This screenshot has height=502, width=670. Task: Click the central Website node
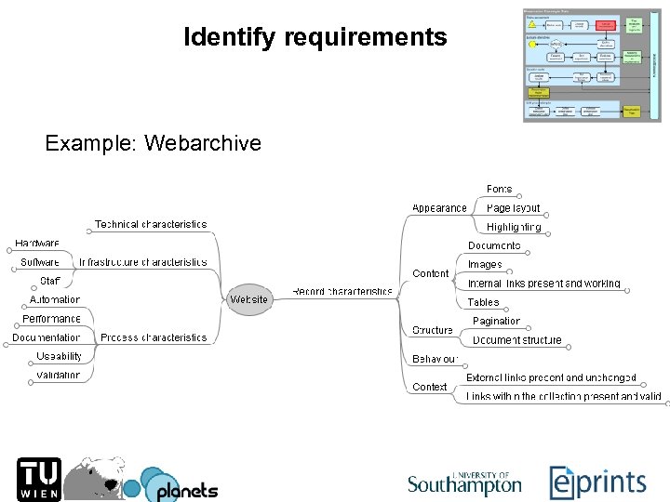[248, 299]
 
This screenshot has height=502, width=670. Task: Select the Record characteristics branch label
[342, 292]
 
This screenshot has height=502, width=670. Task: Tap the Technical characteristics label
[151, 225]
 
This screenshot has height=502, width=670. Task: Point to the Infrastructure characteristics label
[143, 263]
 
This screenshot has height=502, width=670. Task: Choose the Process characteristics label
[154, 337]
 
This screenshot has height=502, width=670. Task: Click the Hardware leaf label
[37, 244]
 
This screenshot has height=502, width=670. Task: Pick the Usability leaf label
[60, 356]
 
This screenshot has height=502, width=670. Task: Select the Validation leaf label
[59, 376]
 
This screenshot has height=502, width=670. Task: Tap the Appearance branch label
[439, 208]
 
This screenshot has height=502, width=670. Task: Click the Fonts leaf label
[499, 190]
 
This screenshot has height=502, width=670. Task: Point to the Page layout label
[513, 208]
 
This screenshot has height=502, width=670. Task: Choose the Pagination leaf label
[496, 321]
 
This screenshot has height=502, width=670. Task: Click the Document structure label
[517, 340]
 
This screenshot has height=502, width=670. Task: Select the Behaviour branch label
[435, 359]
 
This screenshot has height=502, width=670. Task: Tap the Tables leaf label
[483, 302]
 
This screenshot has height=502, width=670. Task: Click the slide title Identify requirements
[315, 38]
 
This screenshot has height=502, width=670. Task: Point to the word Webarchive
[203, 143]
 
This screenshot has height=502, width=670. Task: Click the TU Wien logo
[39, 480]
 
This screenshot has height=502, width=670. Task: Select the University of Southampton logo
[464, 482]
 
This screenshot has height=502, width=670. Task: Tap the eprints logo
[597, 482]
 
